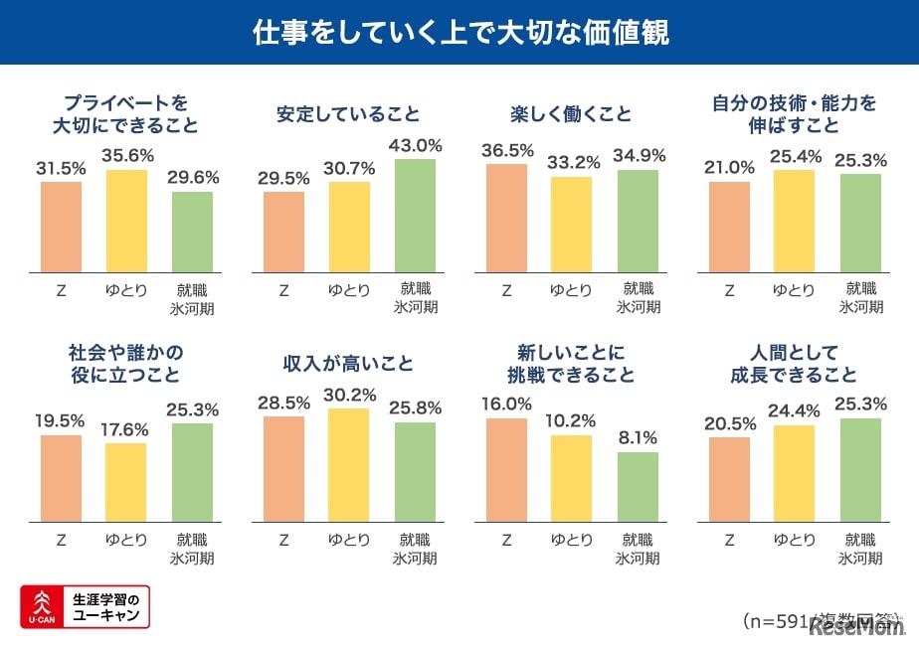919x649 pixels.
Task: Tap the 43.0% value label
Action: click(x=416, y=145)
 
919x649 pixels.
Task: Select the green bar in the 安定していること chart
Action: click(x=416, y=215)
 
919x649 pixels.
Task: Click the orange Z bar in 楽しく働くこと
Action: click(x=506, y=218)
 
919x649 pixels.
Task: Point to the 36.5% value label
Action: click(x=506, y=150)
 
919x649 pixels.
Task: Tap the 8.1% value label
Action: click(x=638, y=438)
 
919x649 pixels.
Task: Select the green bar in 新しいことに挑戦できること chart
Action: click(x=638, y=487)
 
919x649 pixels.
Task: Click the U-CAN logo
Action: click(x=85, y=606)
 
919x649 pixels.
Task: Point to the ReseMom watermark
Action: click(x=857, y=627)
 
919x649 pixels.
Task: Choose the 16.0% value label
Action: click(x=506, y=405)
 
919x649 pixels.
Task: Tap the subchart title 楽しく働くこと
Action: click(x=570, y=114)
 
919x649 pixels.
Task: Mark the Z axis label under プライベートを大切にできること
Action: click(x=61, y=290)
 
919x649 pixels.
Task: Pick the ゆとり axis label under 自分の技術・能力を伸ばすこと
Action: click(x=795, y=290)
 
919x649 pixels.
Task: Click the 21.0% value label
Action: click(x=729, y=168)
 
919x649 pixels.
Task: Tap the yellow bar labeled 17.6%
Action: click(x=126, y=483)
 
